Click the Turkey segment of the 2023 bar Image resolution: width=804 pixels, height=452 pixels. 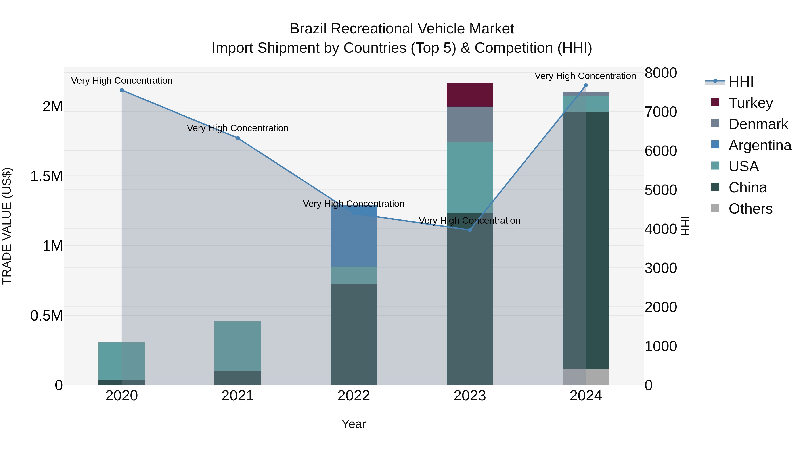pyautogui.click(x=469, y=95)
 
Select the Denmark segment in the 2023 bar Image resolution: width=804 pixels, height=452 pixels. pyautogui.click(x=469, y=125)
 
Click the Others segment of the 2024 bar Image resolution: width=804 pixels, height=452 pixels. pyautogui.click(x=586, y=377)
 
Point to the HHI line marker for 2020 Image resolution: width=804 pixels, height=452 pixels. pyautogui.click(x=122, y=90)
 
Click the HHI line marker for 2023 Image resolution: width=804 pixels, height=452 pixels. pyautogui.click(x=469, y=230)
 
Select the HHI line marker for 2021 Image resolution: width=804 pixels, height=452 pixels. pyautogui.click(x=238, y=138)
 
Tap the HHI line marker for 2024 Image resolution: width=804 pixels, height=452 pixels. pyautogui.click(x=586, y=85)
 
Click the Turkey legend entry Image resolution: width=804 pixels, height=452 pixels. pyautogui.click(x=750, y=103)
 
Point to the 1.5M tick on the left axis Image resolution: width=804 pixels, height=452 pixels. pyautogui.click(x=46, y=176)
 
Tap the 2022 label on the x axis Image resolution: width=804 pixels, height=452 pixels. pyautogui.click(x=353, y=396)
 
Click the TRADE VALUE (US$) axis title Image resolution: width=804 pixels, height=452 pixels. pyautogui.click(x=7, y=226)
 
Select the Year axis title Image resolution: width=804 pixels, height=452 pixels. pyautogui.click(x=353, y=424)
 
